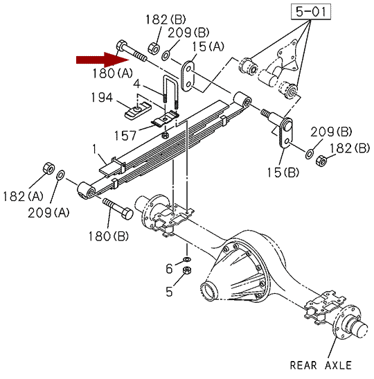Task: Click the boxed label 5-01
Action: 311,12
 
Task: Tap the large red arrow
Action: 103,60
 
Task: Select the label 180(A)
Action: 113,73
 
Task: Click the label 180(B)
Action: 109,236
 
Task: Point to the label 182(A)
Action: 23,196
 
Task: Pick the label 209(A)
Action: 48,213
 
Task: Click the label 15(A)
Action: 208,46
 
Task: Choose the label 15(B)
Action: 283,173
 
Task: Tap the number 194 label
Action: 102,98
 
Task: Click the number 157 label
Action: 125,135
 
